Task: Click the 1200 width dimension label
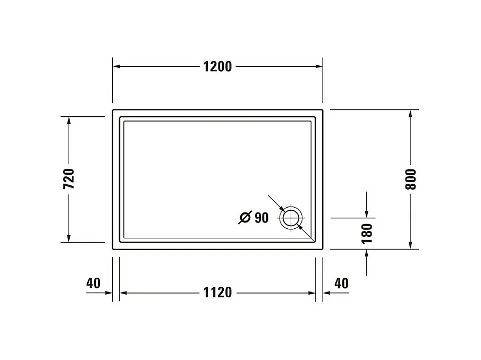217,66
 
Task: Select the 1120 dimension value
217,293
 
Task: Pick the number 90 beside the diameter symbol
261,217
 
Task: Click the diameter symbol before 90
245,218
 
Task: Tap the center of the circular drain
291,218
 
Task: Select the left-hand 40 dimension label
93,283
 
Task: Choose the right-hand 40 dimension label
341,283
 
